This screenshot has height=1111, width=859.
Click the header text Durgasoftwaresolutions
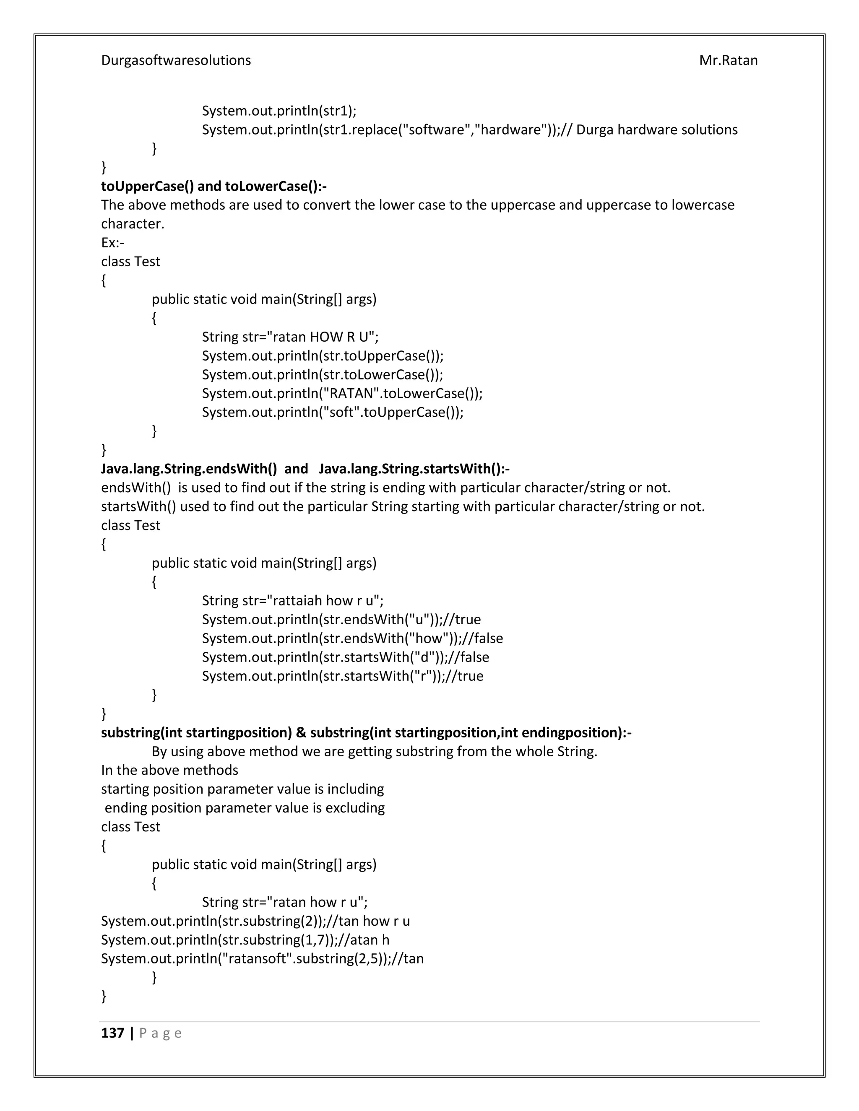click(176, 60)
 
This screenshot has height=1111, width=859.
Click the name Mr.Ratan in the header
click(728, 60)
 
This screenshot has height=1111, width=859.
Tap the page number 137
click(112, 1033)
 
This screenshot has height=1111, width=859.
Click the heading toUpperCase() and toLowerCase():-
click(214, 186)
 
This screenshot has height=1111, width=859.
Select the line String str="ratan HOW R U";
click(290, 337)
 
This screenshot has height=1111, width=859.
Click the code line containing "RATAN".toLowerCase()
click(342, 393)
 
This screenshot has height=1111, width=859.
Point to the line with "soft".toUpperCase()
click(332, 412)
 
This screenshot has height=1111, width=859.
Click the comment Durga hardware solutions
click(656, 130)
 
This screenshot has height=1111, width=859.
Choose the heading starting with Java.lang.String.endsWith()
click(305, 469)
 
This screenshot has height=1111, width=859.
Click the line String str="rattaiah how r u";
click(293, 601)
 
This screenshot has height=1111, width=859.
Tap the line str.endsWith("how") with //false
click(352, 639)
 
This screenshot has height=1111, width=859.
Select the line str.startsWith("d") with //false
click(345, 657)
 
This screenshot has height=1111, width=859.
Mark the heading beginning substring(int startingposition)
click(366, 732)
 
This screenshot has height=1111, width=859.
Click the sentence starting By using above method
click(374, 751)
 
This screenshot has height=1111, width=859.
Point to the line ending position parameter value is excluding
click(244, 808)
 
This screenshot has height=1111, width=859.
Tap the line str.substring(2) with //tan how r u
click(255, 921)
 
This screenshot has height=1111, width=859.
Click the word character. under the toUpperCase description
click(132, 224)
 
